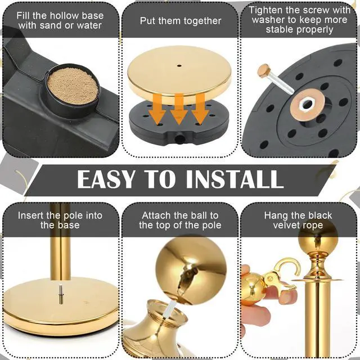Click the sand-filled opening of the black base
(x=73, y=86)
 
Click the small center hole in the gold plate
(x=179, y=66)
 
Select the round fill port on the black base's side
(x=179, y=138)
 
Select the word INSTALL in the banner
(x=235, y=179)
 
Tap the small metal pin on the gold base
(x=60, y=294)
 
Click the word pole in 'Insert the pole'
(x=74, y=215)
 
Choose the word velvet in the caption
(x=286, y=225)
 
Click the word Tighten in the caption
(x=265, y=10)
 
